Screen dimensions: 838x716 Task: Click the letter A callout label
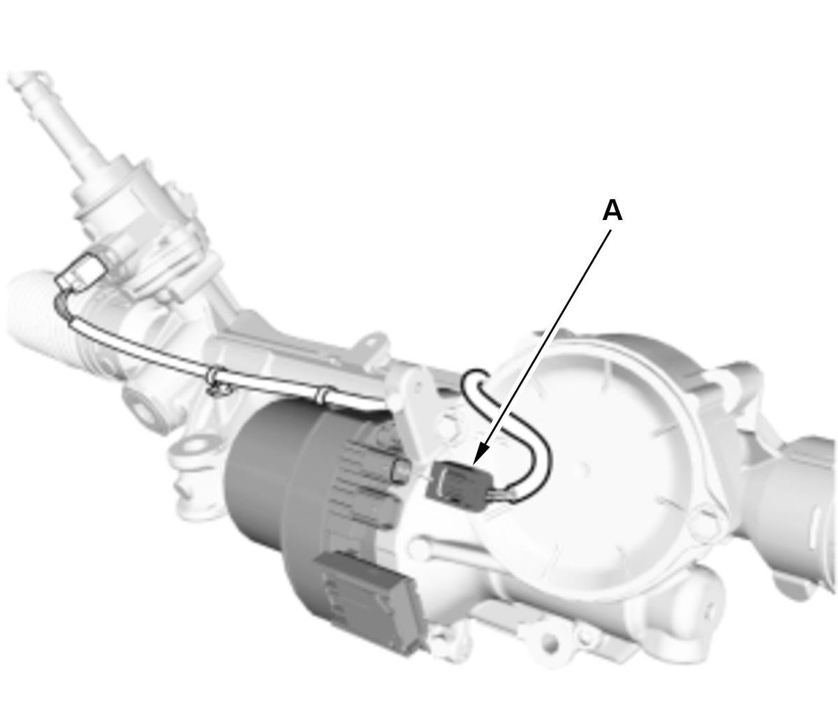(612, 212)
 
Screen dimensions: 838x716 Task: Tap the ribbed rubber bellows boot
(52, 321)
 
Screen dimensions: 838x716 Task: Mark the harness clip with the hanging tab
(217, 381)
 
